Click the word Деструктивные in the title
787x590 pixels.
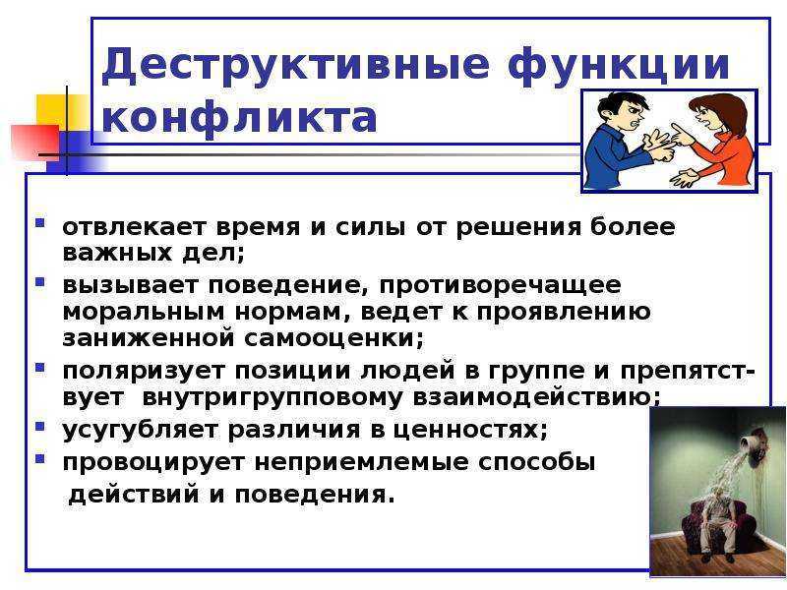[296, 66]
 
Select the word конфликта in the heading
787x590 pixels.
[239, 118]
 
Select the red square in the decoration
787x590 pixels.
[35, 142]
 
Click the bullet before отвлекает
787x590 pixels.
[40, 223]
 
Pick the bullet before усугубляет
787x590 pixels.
[40, 427]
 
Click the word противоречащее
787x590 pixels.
[501, 286]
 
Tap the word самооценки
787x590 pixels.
[334, 337]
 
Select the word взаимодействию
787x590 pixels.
[536, 398]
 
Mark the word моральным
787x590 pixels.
[144, 312]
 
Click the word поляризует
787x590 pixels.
[144, 372]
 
